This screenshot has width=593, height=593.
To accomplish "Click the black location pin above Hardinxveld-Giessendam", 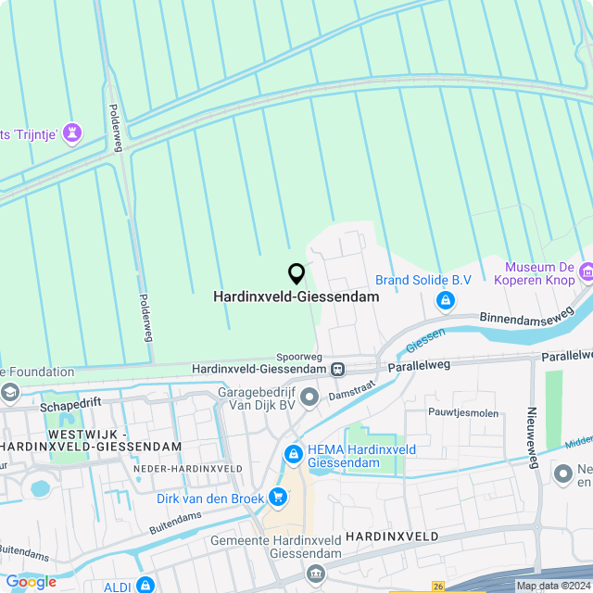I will (296, 274).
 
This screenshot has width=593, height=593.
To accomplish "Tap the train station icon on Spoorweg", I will (338, 369).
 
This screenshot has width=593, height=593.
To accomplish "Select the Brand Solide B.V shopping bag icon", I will (446, 300).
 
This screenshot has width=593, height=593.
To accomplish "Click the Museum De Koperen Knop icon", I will (586, 271).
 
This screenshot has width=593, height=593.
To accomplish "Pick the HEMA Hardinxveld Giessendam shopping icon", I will (293, 454).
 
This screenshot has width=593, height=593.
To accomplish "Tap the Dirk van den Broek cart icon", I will (277, 498).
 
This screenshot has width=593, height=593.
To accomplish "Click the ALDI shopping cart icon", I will (145, 585).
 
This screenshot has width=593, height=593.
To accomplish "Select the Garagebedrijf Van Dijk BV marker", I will (309, 397).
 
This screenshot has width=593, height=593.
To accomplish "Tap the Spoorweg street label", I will (298, 356).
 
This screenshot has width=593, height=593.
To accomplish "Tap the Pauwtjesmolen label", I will (463, 412).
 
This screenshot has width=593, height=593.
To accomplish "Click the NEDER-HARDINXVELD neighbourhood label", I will (187, 469).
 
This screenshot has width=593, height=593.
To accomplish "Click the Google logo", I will (31, 582).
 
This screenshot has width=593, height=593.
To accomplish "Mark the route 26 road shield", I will (438, 586).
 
